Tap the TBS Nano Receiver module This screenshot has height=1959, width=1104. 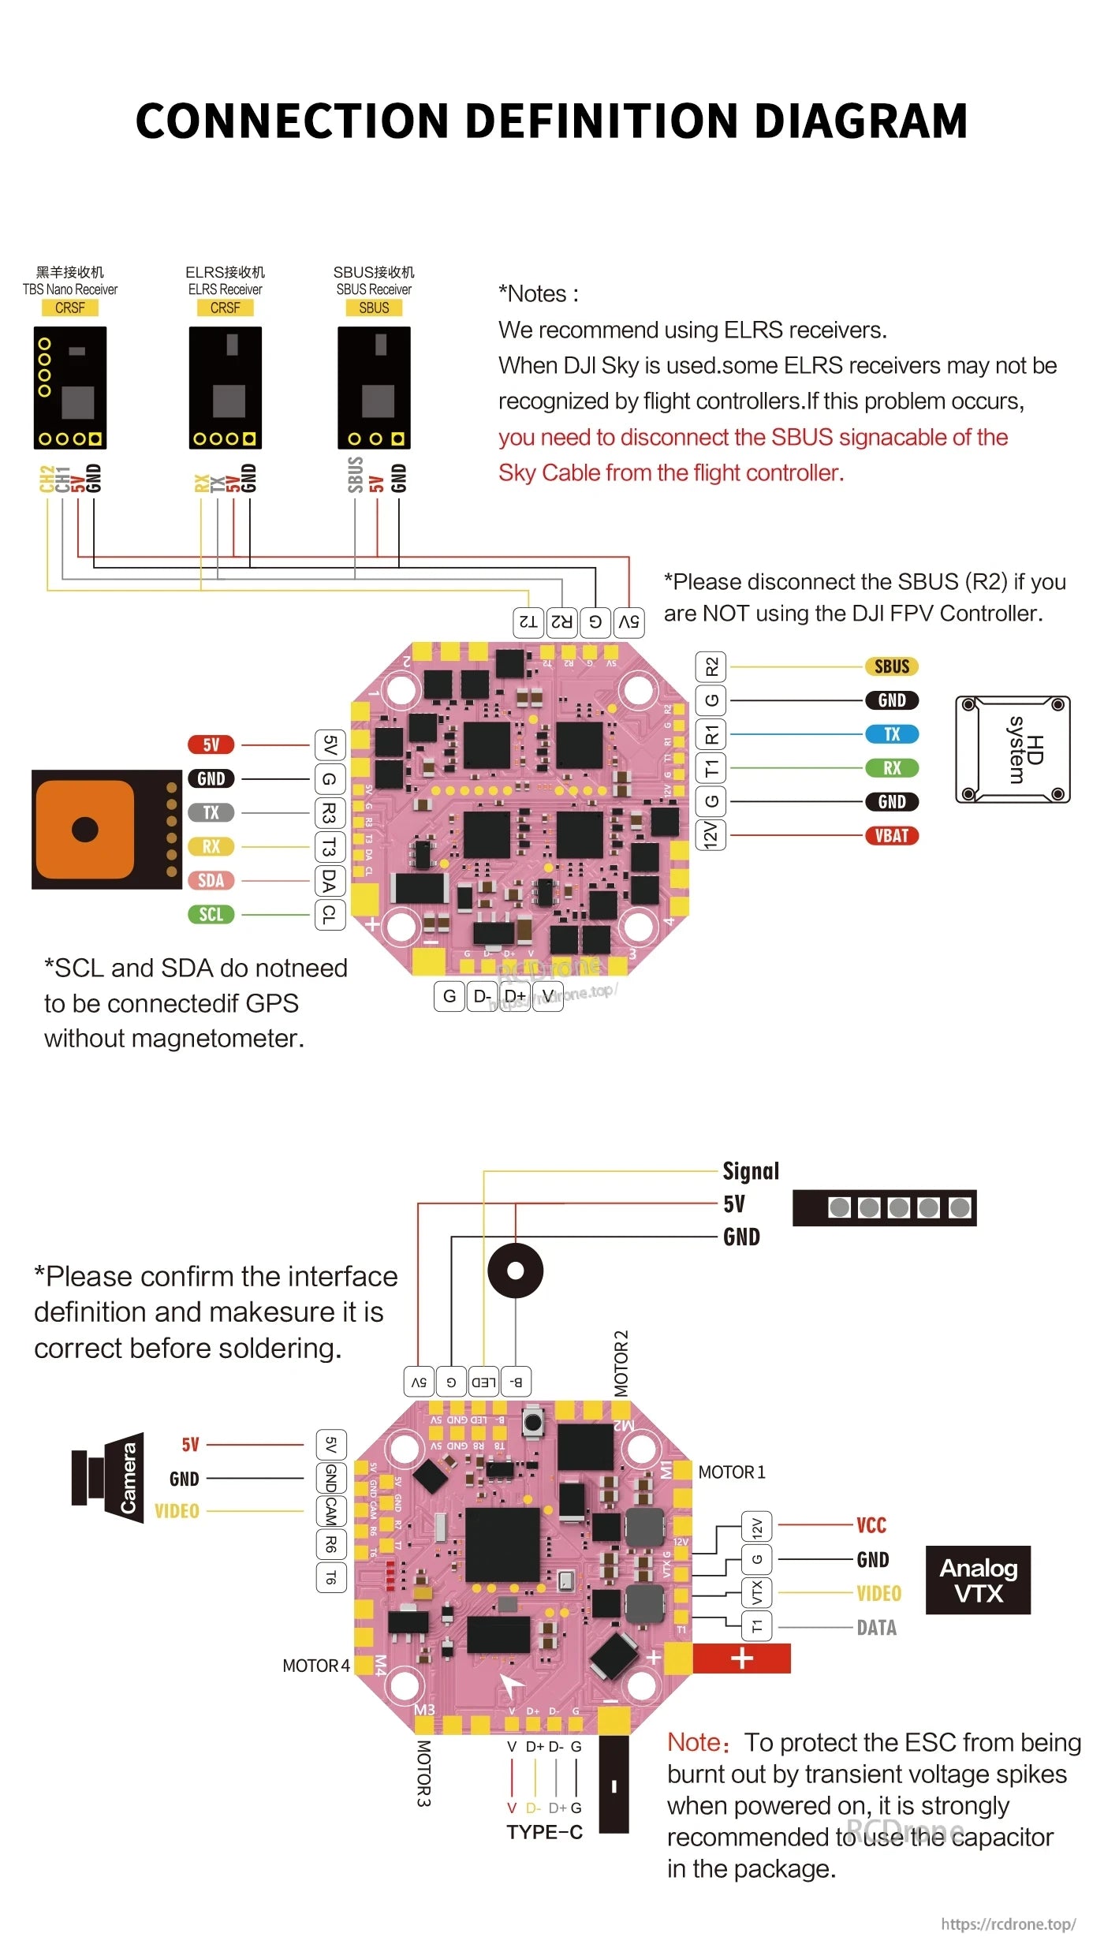click(x=69, y=388)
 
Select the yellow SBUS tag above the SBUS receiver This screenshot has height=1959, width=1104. click(x=374, y=308)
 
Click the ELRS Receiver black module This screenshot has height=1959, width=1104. click(x=226, y=388)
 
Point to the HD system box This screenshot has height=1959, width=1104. click(x=1013, y=749)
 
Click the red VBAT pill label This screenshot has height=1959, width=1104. click(x=892, y=836)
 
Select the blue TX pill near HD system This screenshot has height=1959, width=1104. click(x=892, y=734)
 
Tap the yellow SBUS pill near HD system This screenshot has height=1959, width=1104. click(x=892, y=666)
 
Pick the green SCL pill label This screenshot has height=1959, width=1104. click(x=211, y=915)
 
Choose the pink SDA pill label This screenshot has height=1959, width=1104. click(x=211, y=881)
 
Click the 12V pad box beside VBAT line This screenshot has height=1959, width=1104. click(x=711, y=834)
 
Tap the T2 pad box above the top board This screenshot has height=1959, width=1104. click(x=528, y=621)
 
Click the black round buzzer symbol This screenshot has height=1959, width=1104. click(x=515, y=1271)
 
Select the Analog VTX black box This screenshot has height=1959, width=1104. click(x=978, y=1580)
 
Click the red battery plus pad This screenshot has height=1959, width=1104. click(x=740, y=1659)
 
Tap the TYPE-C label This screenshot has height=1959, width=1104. click(x=545, y=1832)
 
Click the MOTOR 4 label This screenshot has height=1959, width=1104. click(x=315, y=1666)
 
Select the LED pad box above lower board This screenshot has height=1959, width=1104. click(x=483, y=1382)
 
